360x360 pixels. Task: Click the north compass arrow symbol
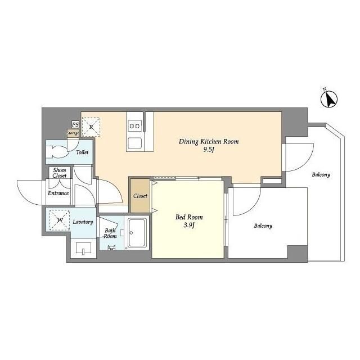[x=329, y=98]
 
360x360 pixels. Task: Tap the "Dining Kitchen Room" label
[x=209, y=141]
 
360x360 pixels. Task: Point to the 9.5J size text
[x=209, y=150]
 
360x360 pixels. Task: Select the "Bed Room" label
[x=189, y=217]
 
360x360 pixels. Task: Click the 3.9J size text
[x=189, y=225]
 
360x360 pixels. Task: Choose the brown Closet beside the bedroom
[x=140, y=196]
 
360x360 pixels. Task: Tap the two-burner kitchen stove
[x=135, y=126]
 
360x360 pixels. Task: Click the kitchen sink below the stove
[x=135, y=143]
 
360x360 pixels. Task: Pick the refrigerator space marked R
[x=91, y=127]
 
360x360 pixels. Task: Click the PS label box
[x=75, y=125]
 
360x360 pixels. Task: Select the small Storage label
[x=73, y=133]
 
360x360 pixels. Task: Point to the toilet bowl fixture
[x=56, y=152]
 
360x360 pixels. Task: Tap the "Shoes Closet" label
[x=60, y=173]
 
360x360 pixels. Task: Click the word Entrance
[x=58, y=193]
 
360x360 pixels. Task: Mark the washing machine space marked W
[x=60, y=220]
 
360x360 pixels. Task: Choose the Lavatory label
[x=83, y=222]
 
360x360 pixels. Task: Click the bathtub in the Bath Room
[x=137, y=233]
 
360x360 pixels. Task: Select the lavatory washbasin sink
[x=83, y=248]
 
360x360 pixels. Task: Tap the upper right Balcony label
[x=321, y=175]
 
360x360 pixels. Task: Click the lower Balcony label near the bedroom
[x=263, y=226]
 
